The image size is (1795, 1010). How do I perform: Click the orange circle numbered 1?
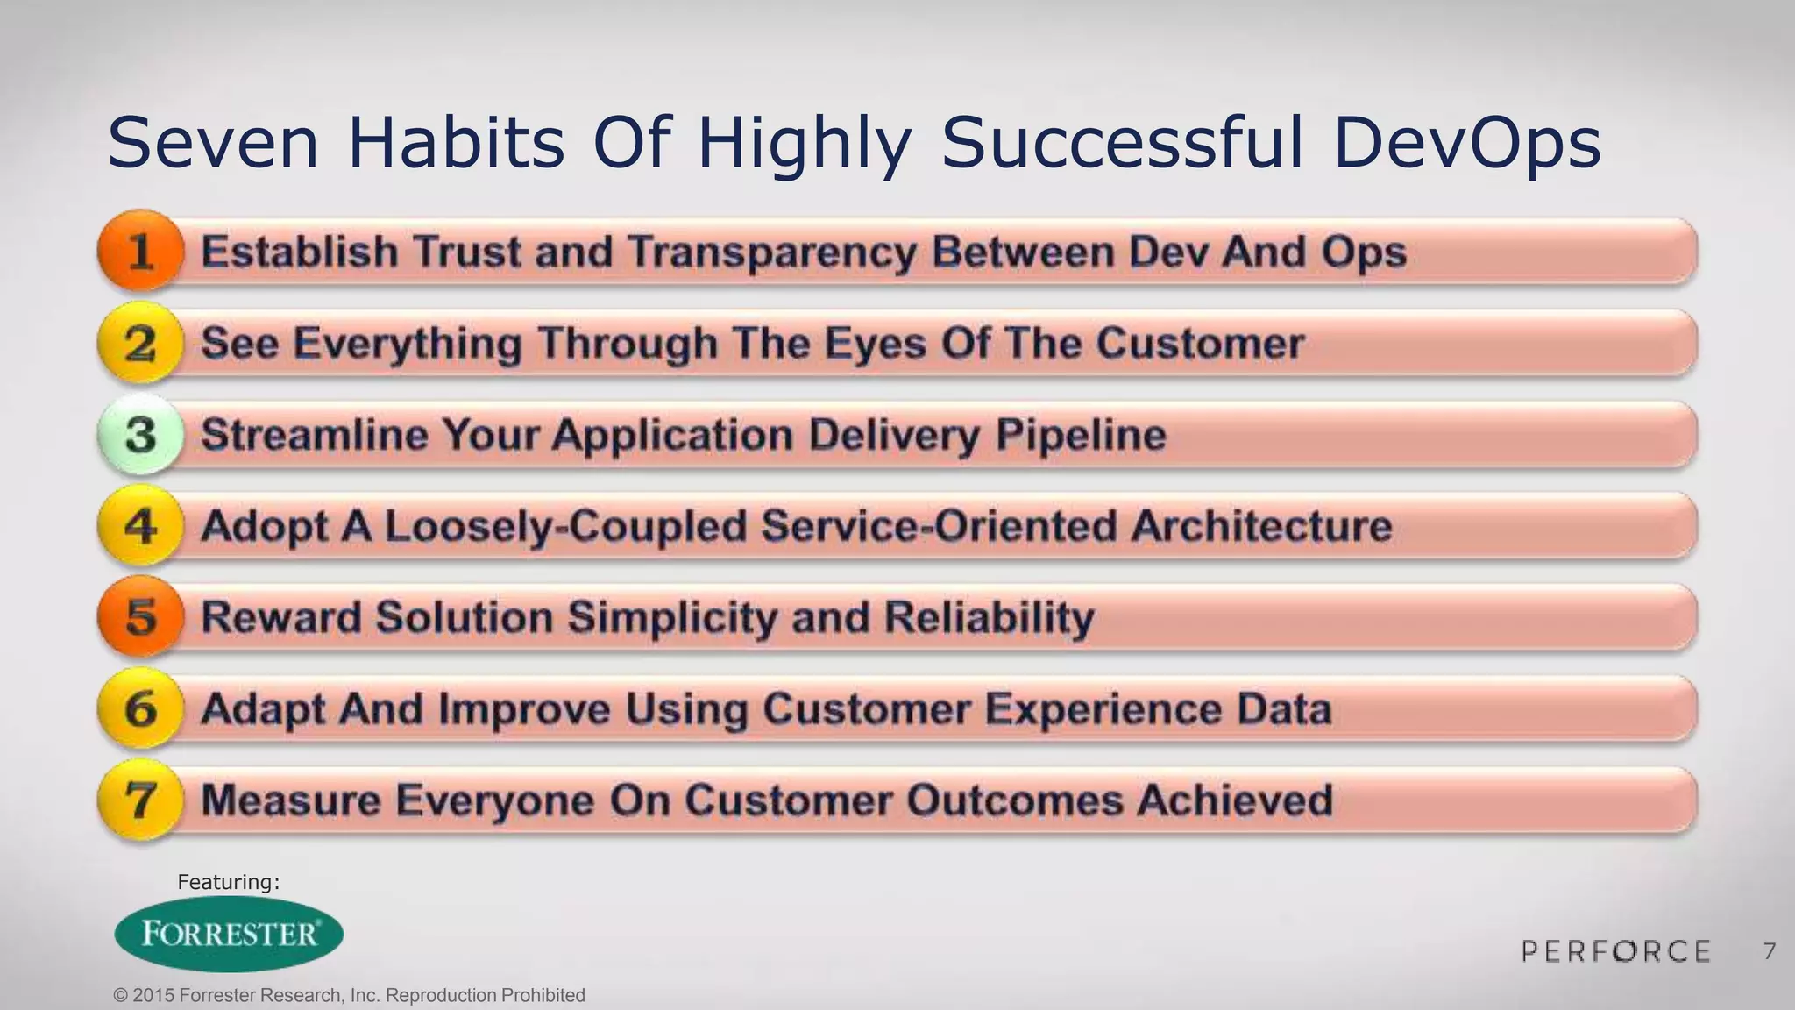coord(141,252)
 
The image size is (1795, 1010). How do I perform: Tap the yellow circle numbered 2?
coord(141,343)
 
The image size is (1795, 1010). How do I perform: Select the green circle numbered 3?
coord(141,435)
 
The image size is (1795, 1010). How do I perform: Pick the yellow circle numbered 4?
coord(141,526)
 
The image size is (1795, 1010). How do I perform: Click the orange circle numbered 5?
coord(141,617)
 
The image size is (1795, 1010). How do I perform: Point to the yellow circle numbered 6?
coord(141,708)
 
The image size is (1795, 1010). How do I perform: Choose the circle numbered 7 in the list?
coord(141,800)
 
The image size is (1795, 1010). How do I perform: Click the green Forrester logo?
coord(230,934)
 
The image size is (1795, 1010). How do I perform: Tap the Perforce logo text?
coord(1615,951)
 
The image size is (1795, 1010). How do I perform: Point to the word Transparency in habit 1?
coord(772,252)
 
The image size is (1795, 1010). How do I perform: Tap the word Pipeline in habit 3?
coord(1081,435)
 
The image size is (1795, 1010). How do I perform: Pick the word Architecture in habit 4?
coord(1260,526)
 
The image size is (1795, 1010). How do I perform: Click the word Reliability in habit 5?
coord(989,617)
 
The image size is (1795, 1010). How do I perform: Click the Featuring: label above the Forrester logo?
coord(229,882)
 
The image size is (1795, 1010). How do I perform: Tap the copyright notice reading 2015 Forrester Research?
coord(350,996)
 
